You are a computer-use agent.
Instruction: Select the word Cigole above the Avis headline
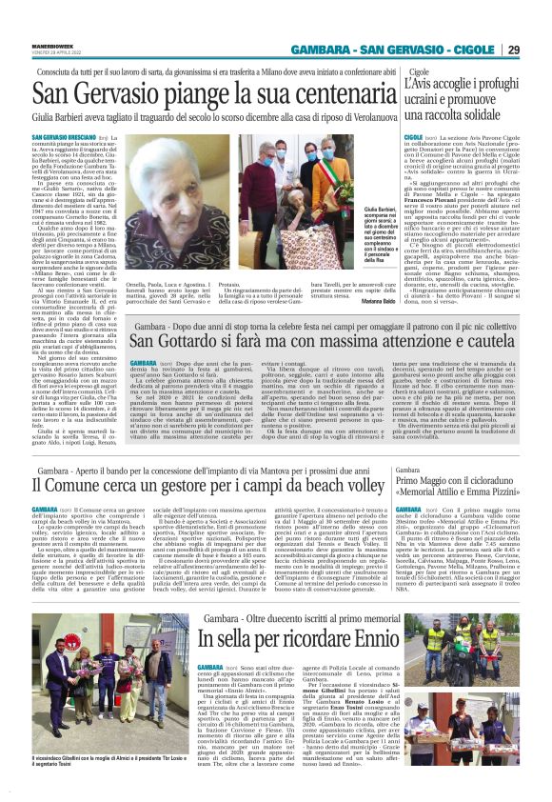419,71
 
